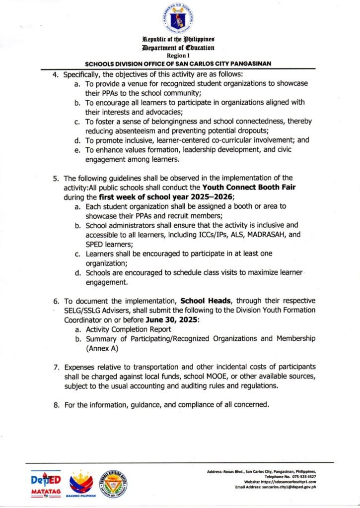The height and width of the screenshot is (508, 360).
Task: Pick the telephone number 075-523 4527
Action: click(299, 476)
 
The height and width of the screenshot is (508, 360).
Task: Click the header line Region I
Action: click(180, 57)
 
